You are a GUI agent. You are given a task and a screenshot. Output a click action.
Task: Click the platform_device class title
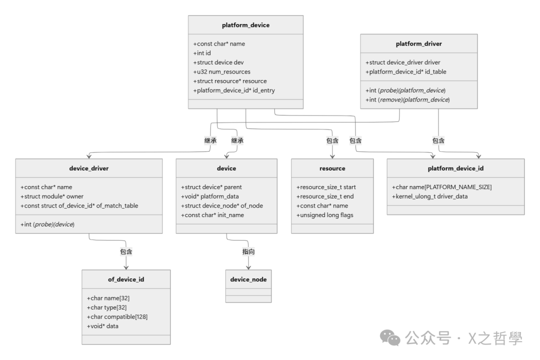pos(245,25)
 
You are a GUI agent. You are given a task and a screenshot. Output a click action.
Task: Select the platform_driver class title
pos(418,44)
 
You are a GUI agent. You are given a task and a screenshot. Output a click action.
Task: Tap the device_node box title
pos(248,279)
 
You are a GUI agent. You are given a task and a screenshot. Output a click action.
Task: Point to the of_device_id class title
pos(126,279)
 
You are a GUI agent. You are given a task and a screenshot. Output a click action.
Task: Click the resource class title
pos(332,168)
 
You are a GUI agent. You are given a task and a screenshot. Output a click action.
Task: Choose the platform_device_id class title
pos(455,168)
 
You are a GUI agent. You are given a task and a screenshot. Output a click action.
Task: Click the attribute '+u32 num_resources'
pos(222,71)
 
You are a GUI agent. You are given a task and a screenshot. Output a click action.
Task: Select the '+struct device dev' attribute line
pos(219,62)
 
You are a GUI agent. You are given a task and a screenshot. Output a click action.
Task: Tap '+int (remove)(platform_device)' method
pos(407,99)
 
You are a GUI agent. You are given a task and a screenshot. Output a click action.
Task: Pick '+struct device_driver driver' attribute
pos(403,62)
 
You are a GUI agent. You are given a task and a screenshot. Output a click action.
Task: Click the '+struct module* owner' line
pos(55,196)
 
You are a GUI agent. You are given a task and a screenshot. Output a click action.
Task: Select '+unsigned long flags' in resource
pos(324,215)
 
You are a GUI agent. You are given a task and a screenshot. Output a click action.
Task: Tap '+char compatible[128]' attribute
pos(117,316)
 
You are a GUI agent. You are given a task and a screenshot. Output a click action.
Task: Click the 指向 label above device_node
pos(248,251)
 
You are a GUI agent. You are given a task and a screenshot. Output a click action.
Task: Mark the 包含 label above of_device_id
pos(126,251)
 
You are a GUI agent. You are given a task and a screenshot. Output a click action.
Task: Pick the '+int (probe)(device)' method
pos(47,224)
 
